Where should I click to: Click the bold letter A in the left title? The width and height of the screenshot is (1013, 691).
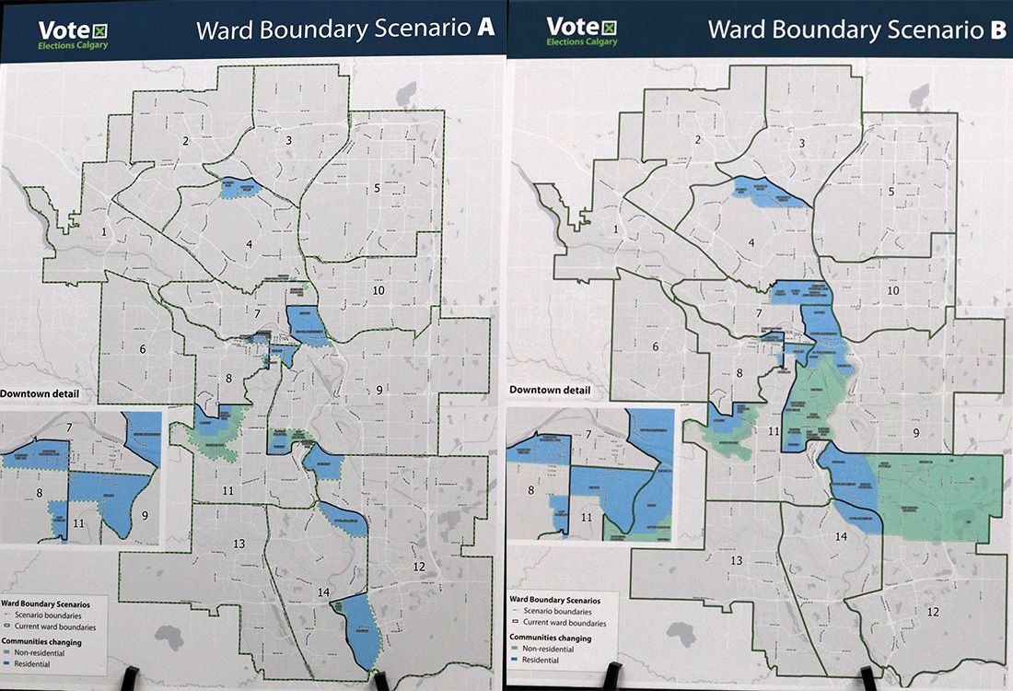[484, 28]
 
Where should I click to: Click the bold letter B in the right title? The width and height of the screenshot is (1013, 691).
[997, 29]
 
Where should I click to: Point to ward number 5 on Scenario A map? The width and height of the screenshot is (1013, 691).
[377, 188]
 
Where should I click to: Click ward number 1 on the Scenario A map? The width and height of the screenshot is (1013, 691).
[105, 231]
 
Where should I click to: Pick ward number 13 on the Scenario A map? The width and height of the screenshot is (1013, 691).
[239, 544]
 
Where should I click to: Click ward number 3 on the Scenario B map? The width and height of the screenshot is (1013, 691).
[801, 143]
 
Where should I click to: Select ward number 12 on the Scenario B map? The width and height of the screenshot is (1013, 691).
[932, 612]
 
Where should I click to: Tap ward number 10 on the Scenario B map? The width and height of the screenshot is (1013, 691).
[892, 291]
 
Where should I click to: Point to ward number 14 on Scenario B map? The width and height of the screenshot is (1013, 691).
[841, 536]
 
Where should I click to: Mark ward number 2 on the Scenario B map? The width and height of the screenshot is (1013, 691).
[698, 140]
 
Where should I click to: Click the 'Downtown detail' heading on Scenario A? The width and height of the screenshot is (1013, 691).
[39, 393]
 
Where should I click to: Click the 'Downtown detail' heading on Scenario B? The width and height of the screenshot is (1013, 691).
[550, 390]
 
